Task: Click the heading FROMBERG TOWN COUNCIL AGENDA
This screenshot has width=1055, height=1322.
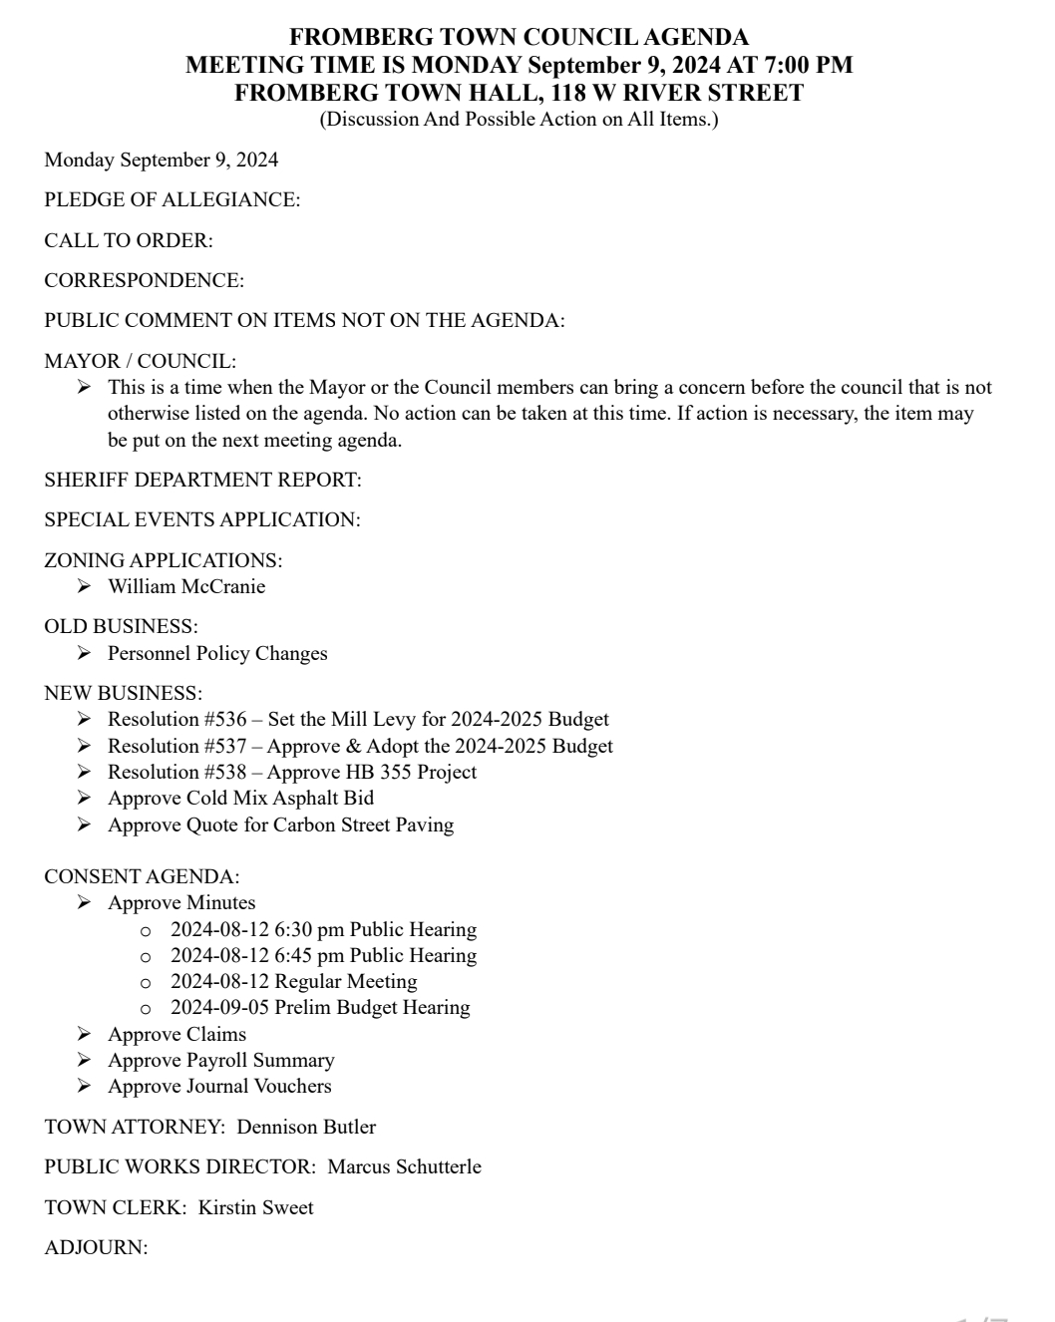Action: [519, 38]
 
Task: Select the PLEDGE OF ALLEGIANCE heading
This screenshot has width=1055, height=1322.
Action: [172, 200]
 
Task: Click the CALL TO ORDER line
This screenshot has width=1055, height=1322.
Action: [129, 240]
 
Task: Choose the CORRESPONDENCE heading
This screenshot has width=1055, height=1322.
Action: [144, 281]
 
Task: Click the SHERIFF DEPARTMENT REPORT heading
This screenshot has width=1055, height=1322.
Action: [202, 481]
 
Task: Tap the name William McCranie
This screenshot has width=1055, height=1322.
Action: [186, 587]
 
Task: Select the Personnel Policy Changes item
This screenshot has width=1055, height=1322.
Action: [217, 654]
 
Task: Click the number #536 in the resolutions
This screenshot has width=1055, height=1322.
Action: [225, 720]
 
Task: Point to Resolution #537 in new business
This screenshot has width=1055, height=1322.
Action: [177, 747]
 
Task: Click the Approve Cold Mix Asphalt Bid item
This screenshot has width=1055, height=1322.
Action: [240, 799]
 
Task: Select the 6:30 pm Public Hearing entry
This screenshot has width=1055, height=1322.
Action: [323, 930]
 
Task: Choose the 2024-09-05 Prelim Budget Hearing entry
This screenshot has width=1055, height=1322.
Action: [320, 1008]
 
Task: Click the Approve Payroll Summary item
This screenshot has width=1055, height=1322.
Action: [220, 1061]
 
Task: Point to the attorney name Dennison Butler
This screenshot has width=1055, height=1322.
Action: [306, 1128]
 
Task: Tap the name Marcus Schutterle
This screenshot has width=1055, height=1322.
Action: [404, 1167]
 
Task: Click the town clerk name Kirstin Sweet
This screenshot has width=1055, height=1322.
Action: [255, 1208]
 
